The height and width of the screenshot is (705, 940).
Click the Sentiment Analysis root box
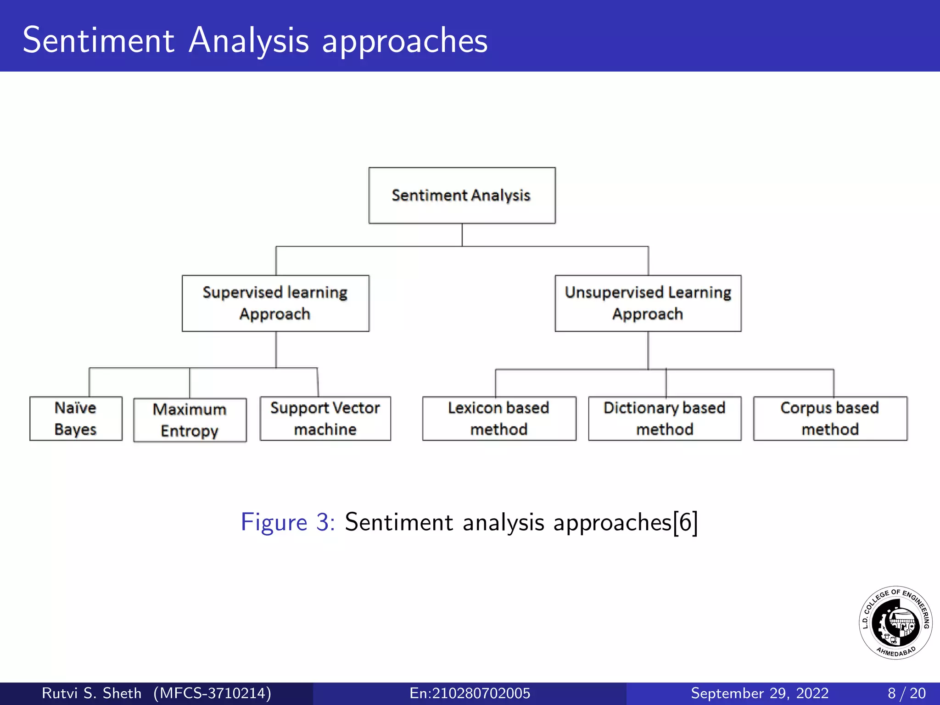[462, 196]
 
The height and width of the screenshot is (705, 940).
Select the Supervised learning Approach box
[275, 303]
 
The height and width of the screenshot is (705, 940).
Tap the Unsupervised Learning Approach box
[648, 303]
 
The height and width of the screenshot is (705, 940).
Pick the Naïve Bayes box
[76, 419]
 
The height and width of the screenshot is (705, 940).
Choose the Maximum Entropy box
[190, 420]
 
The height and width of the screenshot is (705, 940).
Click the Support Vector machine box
[325, 419]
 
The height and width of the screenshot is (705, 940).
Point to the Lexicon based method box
[499, 419]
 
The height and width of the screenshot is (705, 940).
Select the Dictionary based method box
[665, 419]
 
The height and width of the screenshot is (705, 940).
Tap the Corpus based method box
[830, 419]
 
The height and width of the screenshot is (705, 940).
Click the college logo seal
[895, 623]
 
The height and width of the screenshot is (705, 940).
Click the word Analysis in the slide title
[249, 40]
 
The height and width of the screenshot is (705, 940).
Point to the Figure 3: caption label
[288, 522]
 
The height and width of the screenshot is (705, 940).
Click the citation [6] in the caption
[685, 522]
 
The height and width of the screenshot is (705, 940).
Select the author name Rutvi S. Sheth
[91, 693]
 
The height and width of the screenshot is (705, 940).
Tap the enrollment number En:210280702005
[470, 693]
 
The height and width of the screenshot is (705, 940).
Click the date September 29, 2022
[760, 693]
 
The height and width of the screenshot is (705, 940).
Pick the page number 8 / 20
[906, 693]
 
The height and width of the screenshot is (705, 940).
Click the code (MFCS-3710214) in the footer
[212, 693]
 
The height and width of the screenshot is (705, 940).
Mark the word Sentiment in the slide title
[99, 40]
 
